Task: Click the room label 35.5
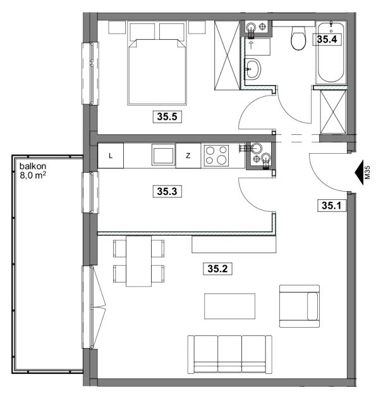tap(167, 116)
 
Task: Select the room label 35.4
tap(327, 39)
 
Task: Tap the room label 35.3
tap(167, 191)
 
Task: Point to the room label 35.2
tap(217, 268)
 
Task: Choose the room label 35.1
tap(331, 206)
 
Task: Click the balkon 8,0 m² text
tap(33, 171)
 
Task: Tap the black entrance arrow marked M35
tap(360, 172)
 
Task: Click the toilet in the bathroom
tap(298, 38)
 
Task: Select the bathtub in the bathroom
tap(331, 53)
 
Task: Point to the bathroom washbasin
tap(252, 69)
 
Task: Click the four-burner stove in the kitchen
tap(216, 155)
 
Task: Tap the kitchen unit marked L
tap(111, 156)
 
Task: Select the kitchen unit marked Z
tap(188, 156)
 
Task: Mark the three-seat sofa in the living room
tap(230, 354)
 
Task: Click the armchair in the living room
tap(300, 306)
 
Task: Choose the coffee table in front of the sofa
tap(230, 306)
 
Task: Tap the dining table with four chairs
tap(139, 261)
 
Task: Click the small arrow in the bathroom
tap(251, 45)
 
